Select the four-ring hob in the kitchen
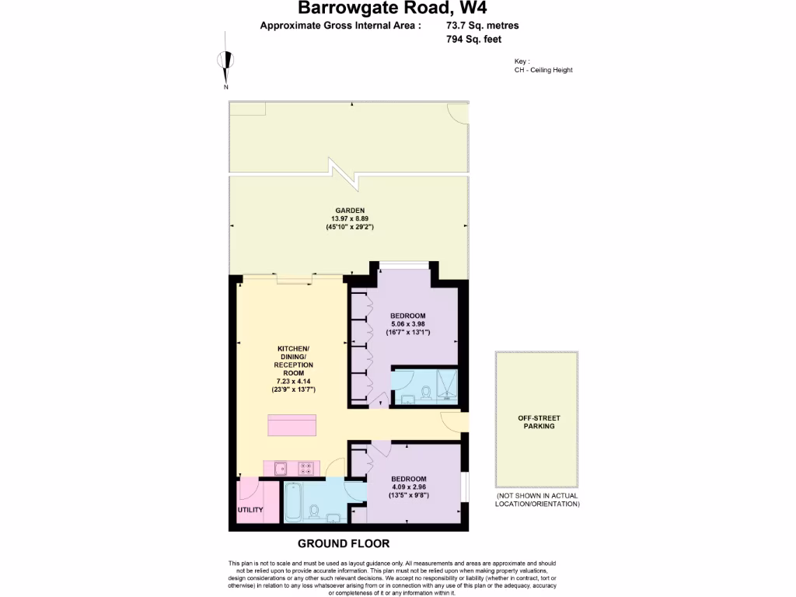coord(307,468)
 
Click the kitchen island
coord(292,427)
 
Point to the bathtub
coord(293,502)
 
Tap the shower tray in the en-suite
coord(445,386)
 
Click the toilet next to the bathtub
coord(314,514)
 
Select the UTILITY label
coord(250,510)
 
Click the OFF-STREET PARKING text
coord(538,422)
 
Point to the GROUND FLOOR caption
coord(344,543)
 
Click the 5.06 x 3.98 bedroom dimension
coord(409,324)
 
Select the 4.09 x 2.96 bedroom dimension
coord(409,487)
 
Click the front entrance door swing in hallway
coord(452,421)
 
